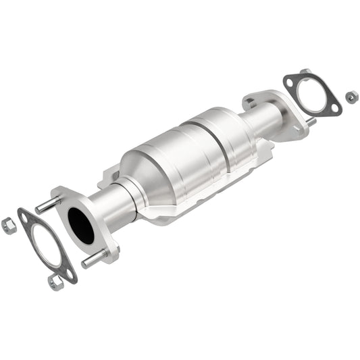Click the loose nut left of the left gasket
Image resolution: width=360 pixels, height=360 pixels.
pyautogui.click(x=9, y=226)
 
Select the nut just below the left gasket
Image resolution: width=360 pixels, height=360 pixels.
pyautogui.click(x=56, y=282)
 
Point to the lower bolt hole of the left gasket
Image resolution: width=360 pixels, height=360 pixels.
pyautogui.click(x=70, y=273)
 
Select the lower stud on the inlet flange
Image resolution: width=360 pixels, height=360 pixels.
pyautogui.click(x=93, y=258)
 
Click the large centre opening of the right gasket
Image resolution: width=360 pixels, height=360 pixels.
pyautogui.click(x=313, y=96)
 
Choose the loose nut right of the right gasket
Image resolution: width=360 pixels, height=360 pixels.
pyautogui.click(x=351, y=97)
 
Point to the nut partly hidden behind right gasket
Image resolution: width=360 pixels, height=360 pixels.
pyautogui.click(x=305, y=72)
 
